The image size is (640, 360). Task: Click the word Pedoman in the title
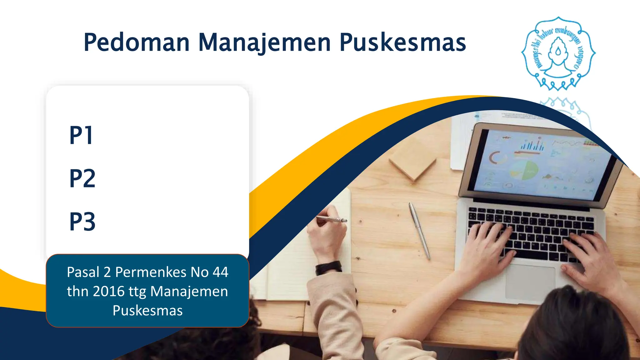click(x=137, y=42)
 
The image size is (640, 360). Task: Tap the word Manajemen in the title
click(x=264, y=42)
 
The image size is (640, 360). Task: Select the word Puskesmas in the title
click(x=403, y=42)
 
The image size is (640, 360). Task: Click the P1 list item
click(x=81, y=135)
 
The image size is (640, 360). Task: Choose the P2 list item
click(x=82, y=178)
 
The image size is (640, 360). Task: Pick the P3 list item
click(x=82, y=222)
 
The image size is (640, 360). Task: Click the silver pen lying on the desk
click(x=420, y=231)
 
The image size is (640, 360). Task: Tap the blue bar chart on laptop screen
click(x=532, y=145)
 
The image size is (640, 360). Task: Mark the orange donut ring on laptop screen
click(x=495, y=157)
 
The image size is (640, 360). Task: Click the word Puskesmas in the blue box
click(x=147, y=311)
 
